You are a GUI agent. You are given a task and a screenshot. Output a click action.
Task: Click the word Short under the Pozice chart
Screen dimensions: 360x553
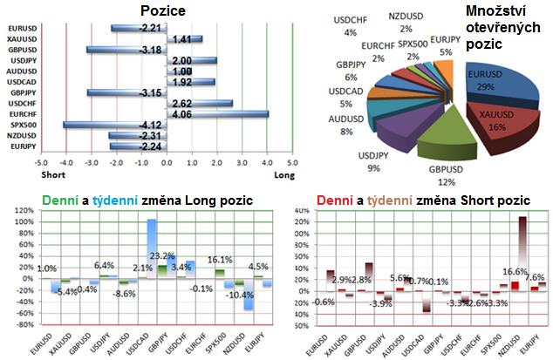coord(51,174)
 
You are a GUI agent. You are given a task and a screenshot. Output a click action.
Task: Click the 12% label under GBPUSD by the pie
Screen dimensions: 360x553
coord(447,182)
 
